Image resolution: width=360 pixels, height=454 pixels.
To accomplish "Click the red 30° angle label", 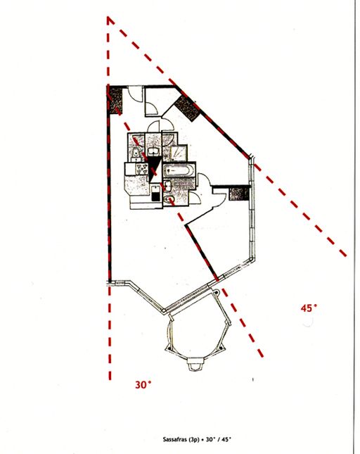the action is pos(143,385).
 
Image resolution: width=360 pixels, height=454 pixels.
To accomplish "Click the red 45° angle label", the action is pos(309,308).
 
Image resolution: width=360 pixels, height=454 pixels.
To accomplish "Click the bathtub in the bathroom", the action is pos(178,170).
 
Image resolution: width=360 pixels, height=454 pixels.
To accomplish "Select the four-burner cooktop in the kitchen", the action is pos(142,169).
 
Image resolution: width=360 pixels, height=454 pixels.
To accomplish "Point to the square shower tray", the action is pos(178,153).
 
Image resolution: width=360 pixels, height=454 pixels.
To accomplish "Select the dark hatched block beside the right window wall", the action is pos(239,193).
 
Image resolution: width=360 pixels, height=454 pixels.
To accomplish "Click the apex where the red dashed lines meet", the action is pos(108,18).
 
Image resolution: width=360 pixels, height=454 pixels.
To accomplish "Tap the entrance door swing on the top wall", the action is pos(135,93).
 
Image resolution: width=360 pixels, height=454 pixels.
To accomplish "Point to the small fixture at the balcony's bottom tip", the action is pos(195,365).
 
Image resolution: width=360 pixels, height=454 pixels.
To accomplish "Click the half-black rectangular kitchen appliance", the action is pos(156,194).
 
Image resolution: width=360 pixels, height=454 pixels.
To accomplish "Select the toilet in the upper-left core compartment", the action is pos(135,153).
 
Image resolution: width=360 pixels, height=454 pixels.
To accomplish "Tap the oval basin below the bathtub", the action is pos(169,198).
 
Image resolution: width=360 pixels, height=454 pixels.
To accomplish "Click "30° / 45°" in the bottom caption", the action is pos(218,439).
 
